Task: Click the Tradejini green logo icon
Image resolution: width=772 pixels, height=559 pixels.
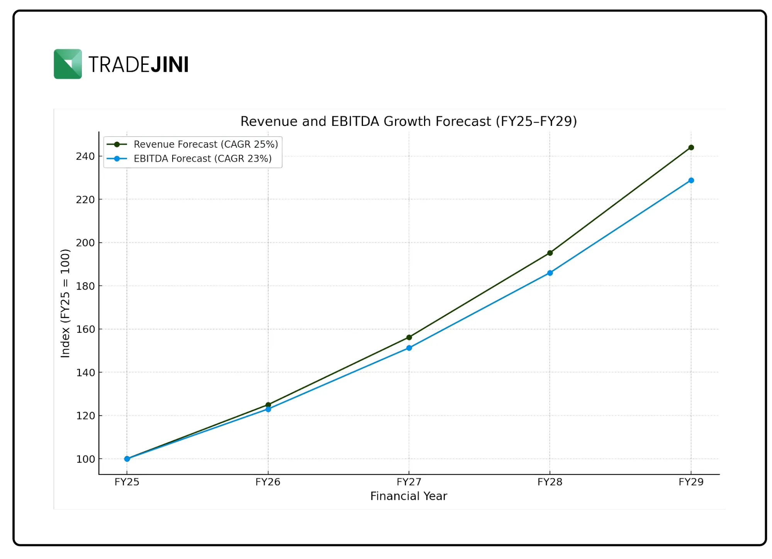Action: [68, 64]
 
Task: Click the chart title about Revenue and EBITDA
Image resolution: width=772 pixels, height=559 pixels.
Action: [408, 121]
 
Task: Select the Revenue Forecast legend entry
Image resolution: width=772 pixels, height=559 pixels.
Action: [205, 144]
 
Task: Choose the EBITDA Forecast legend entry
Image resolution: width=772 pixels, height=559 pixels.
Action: [202, 159]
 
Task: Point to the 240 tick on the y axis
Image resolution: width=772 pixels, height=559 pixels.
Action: [85, 156]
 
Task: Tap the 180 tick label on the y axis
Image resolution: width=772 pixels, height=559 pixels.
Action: [85, 286]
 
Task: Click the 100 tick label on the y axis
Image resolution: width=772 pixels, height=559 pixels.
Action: [85, 459]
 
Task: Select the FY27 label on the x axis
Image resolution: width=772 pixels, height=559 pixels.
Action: [409, 482]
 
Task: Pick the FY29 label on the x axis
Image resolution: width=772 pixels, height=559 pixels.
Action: [691, 482]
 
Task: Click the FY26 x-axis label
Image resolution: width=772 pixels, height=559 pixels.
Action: [268, 482]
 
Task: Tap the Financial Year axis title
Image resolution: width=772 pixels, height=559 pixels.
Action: [408, 496]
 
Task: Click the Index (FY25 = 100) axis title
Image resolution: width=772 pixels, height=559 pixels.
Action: [65, 303]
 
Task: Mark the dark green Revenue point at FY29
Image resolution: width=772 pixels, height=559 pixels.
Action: [691, 147]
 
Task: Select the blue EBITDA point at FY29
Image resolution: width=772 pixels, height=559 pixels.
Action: [691, 180]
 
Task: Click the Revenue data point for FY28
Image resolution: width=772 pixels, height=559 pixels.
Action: [550, 253]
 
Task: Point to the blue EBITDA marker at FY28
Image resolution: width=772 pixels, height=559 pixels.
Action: [550, 273]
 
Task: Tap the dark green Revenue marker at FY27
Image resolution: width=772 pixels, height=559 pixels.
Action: [409, 337]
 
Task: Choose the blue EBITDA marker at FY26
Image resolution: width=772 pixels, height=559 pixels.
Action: [268, 409]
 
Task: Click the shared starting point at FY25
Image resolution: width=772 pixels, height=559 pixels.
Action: [127, 459]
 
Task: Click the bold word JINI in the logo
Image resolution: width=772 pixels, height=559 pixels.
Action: [169, 64]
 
